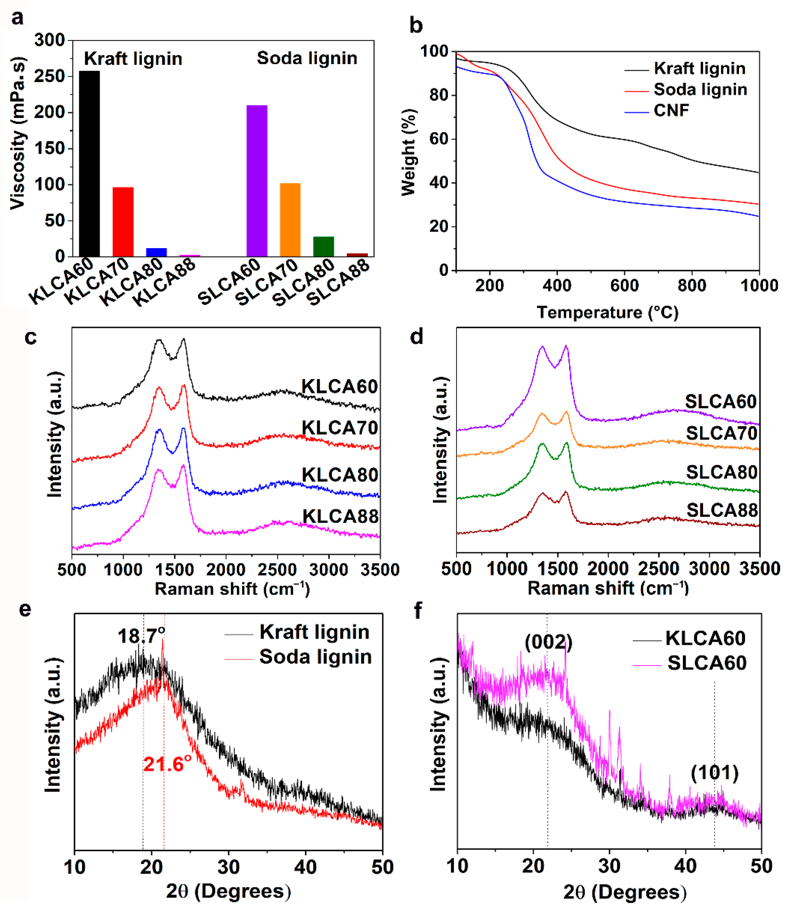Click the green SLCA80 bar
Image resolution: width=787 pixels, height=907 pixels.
pos(324,246)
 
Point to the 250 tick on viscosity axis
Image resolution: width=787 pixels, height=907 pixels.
pos(50,76)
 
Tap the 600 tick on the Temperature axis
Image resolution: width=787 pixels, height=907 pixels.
pos(624,286)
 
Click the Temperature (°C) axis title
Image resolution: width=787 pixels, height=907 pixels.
pos(607,313)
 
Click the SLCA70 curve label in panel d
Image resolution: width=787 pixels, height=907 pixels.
pos(722,433)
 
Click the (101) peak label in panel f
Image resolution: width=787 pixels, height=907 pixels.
pos(715,773)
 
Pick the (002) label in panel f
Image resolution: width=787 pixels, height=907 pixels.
pos(548,643)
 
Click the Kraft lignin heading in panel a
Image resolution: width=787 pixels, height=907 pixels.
pos(133,59)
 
